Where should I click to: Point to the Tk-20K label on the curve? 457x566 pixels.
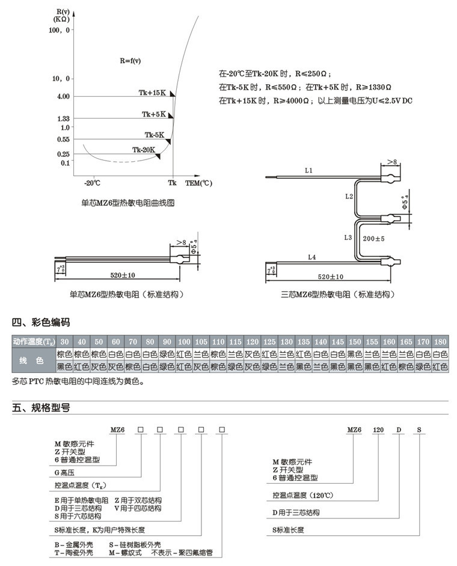coord(144,150)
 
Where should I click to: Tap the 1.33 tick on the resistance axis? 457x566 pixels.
coord(63,118)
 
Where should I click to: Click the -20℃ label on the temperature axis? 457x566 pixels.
coord(92,182)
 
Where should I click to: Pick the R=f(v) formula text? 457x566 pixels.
coord(130,61)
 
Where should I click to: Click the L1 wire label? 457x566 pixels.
coord(308,171)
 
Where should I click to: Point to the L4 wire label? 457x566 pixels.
coord(311,257)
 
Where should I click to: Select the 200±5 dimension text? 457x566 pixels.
coord(373,239)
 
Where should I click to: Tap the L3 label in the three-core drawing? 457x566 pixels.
coord(348,238)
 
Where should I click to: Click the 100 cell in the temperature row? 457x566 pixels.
coord(184,342)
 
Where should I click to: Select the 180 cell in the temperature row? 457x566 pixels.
coord(440,342)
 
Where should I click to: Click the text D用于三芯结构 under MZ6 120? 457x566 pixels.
coord(295,512)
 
